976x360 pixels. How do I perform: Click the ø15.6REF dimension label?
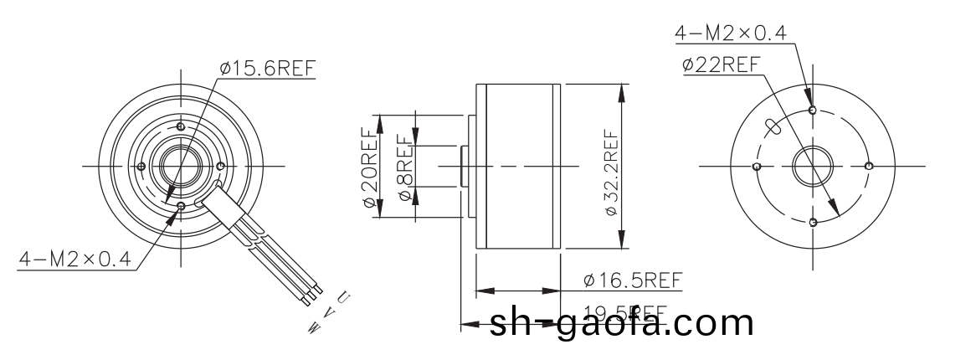[268, 69]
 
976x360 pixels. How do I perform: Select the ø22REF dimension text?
[721, 64]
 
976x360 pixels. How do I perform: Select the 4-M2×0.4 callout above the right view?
[731, 33]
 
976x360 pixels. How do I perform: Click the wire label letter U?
[343, 297]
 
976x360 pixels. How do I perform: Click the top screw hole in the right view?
[813, 110]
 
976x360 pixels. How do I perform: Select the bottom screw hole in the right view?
[813, 222]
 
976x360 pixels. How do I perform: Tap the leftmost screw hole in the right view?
[757, 167]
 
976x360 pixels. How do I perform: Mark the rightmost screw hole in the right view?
[868, 166]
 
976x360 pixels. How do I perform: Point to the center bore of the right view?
[812, 166]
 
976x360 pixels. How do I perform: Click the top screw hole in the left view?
[179, 126]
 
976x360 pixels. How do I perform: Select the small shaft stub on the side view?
[464, 166]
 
